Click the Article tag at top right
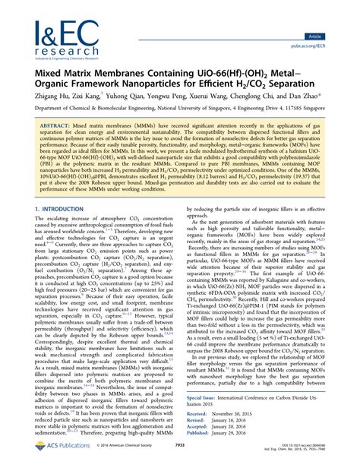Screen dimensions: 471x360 click(333, 14)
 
